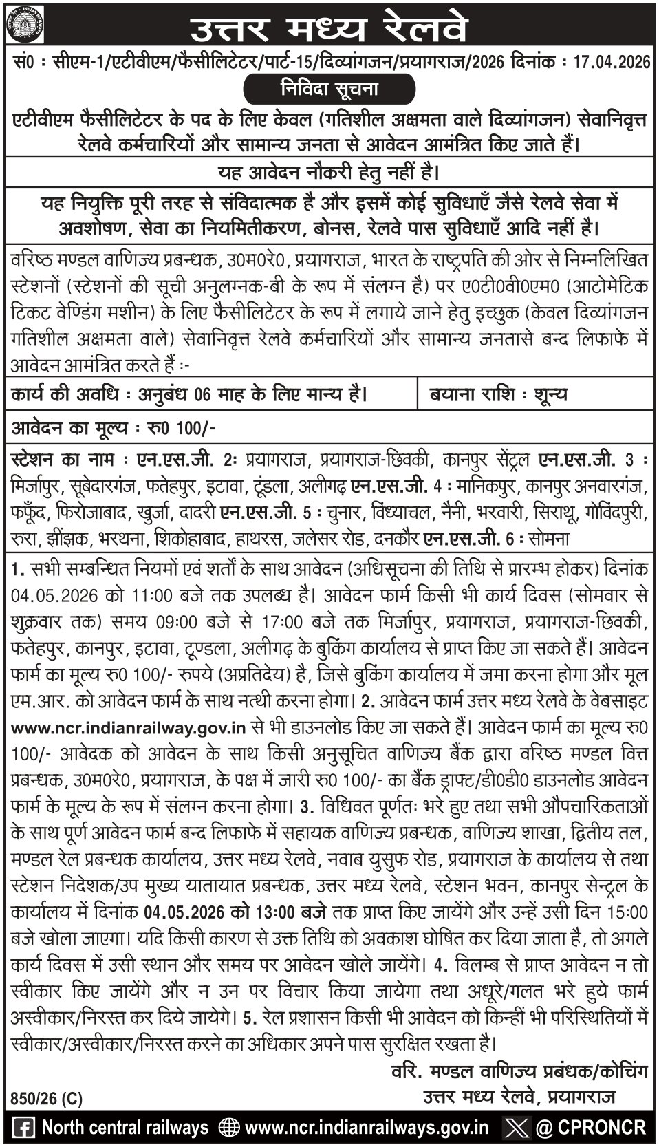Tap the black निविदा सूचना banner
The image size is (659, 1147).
329,89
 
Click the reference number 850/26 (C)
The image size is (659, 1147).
47,1099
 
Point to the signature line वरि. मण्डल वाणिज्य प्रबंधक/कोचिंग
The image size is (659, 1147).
513,1071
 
